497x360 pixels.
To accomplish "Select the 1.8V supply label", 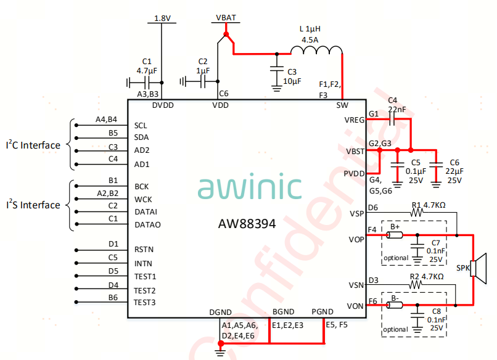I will click(162, 18).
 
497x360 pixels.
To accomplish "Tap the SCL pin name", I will click(141, 125).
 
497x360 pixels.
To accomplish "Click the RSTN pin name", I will click(144, 250).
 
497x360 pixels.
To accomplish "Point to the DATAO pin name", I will click(147, 225).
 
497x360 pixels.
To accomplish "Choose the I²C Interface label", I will click(33, 145).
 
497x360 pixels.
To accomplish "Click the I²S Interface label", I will click(33, 205).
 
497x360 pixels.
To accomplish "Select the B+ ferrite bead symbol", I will click(394, 235).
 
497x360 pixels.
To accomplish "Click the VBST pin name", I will click(355, 151).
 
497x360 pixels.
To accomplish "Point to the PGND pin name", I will click(322, 312).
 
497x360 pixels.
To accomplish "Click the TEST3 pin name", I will click(145, 302).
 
